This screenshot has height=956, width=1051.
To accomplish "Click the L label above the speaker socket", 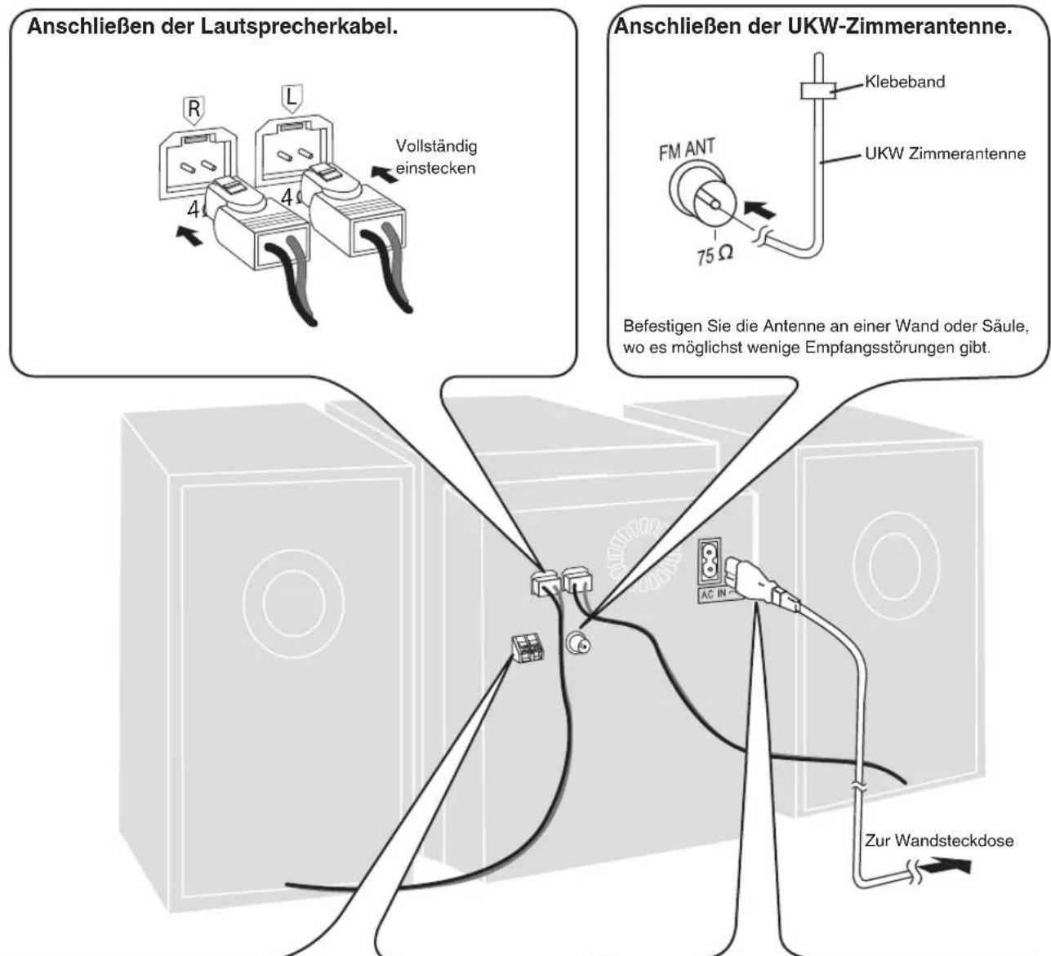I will click(x=292, y=99).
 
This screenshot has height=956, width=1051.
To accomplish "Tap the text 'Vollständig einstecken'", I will click(x=436, y=157).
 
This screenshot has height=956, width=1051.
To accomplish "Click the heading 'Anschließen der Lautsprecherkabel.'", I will click(x=213, y=28).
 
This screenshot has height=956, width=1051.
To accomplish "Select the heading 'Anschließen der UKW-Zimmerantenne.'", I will click(x=813, y=28).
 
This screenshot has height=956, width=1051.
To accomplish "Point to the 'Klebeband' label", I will click(x=905, y=82).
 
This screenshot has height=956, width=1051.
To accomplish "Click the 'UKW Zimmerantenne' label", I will click(x=945, y=153).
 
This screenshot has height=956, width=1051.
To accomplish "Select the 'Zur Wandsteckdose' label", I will click(x=938, y=841).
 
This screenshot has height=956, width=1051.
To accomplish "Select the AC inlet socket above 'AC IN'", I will click(x=709, y=560).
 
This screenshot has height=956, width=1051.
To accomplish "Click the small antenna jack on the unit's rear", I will click(x=577, y=647).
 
